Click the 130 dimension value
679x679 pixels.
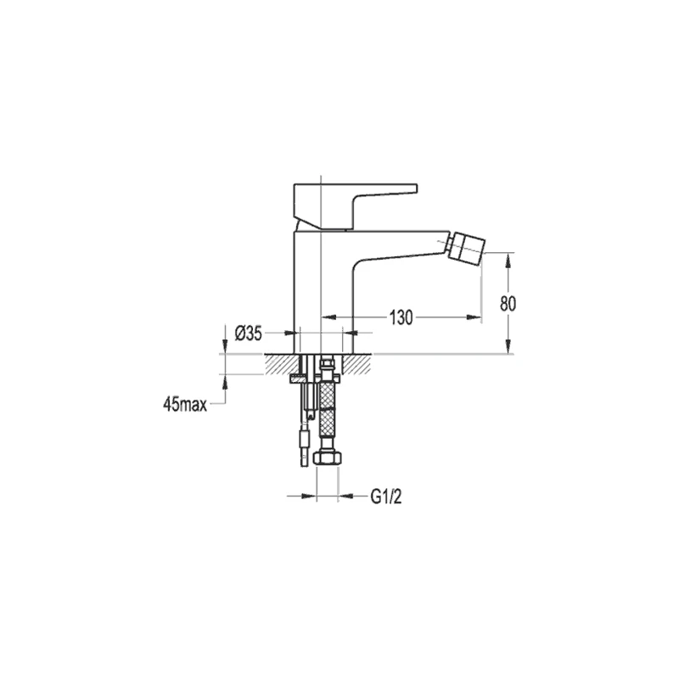[401, 317]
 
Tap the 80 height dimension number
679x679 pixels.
[508, 304]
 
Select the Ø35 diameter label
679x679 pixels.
[249, 333]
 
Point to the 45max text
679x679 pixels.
[185, 405]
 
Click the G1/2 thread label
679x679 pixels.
[386, 497]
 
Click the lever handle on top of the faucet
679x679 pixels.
[355, 205]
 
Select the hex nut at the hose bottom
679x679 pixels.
[328, 458]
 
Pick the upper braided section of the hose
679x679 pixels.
[327, 395]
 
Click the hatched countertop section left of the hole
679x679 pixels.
[282, 364]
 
